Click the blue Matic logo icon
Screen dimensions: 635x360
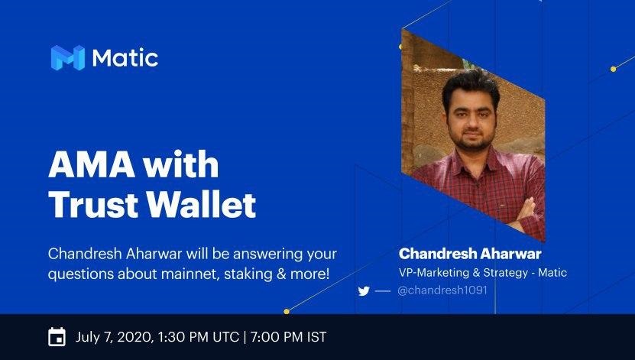point(68,58)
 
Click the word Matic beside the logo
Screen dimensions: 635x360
point(125,58)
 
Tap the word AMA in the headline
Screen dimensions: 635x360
point(92,164)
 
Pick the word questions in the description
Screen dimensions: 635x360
point(81,274)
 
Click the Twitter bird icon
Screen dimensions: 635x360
point(364,290)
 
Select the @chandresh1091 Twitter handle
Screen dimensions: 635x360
point(442,290)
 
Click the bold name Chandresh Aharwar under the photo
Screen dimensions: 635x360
point(470,254)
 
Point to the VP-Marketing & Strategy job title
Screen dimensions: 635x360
point(463,273)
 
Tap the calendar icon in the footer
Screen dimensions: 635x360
point(57,337)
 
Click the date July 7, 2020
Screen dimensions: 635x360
point(114,337)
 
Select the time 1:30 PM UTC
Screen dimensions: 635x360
point(199,337)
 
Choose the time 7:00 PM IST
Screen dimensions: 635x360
point(288,337)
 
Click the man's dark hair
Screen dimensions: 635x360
point(471,86)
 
